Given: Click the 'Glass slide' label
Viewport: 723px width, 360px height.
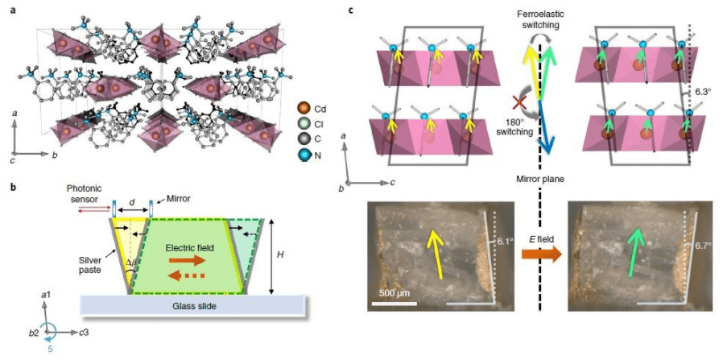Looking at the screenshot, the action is (192, 306).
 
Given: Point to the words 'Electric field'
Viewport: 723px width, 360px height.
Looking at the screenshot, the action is (189, 248).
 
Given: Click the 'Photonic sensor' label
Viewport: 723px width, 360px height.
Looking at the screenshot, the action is (85, 194).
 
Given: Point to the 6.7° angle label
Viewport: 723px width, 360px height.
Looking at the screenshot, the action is (703, 246).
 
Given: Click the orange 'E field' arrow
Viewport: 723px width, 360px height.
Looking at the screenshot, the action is (543, 254).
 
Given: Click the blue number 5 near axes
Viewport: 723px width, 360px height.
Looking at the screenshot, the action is (50, 349).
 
